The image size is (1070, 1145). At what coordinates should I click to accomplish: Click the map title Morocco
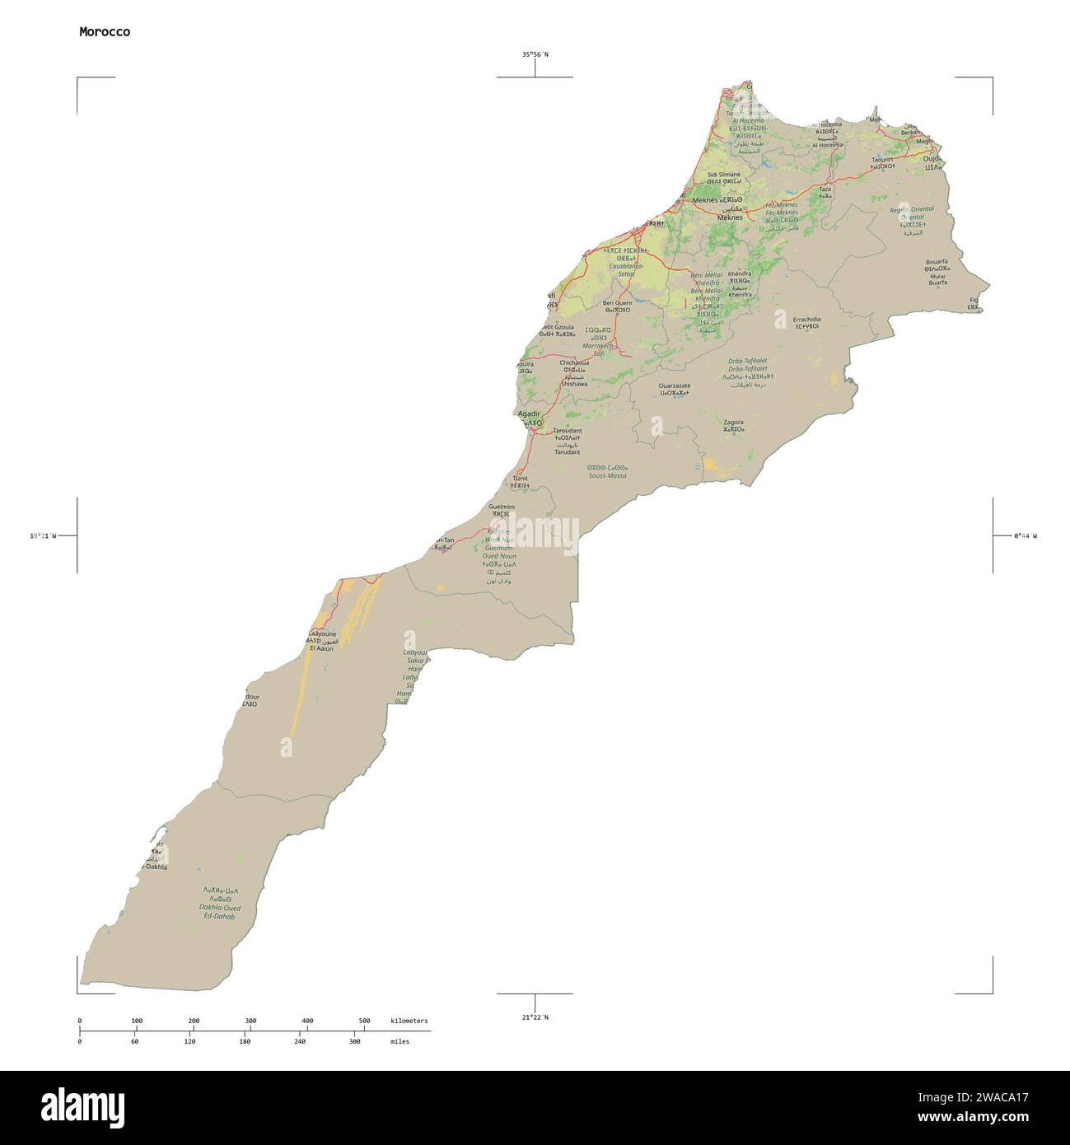coord(104,32)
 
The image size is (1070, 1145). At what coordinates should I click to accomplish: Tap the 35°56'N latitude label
coord(535,54)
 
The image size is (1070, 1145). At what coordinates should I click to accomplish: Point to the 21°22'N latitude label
coord(535,1017)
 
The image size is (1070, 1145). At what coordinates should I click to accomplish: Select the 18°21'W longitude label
coord(43,535)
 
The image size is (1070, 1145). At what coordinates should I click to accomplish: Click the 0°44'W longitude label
coord(1026,535)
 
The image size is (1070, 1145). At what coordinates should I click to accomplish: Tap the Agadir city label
coord(528,414)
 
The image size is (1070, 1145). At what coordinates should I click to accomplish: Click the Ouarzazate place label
coord(675,386)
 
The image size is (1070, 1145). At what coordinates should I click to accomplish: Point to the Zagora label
coord(732,422)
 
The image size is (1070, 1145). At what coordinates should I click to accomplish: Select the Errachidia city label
coord(806,319)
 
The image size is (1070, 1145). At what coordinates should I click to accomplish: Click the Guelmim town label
coord(501,507)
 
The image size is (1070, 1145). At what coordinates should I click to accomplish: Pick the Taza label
coord(825,189)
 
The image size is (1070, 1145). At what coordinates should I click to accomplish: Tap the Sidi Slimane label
coord(724,175)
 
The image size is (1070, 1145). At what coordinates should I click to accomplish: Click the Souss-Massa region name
coord(607,476)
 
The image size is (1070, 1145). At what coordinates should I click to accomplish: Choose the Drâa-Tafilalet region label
coord(747,361)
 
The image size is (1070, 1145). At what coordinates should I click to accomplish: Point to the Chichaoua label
coord(573,362)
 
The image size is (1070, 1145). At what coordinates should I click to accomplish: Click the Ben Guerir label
coord(617,303)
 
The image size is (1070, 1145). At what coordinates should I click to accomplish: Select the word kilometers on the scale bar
coord(409,1021)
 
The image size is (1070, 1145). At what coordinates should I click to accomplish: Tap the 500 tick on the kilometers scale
coord(364,1021)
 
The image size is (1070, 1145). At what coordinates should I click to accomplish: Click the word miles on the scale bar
coord(399,1041)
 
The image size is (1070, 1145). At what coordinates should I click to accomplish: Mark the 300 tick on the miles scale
coord(355,1041)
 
